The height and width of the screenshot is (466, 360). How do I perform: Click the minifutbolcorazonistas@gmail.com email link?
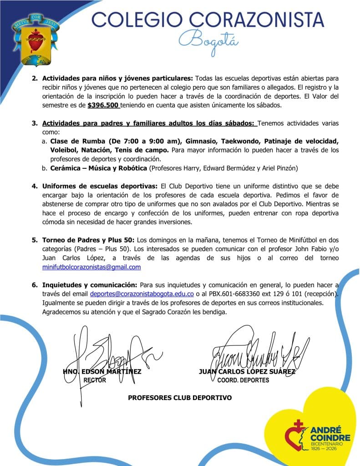[x=91, y=267]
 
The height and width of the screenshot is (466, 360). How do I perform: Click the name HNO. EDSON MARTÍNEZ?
[x=102, y=371]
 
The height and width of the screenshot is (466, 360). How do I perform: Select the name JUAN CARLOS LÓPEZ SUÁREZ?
[x=247, y=371]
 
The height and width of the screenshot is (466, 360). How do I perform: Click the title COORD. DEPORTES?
[x=243, y=380]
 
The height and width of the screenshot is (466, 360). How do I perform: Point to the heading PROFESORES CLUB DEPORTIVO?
[x=180, y=398]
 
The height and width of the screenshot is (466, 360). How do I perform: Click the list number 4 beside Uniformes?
[x=34, y=186]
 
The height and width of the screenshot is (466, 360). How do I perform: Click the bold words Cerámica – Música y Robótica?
[x=99, y=168]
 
